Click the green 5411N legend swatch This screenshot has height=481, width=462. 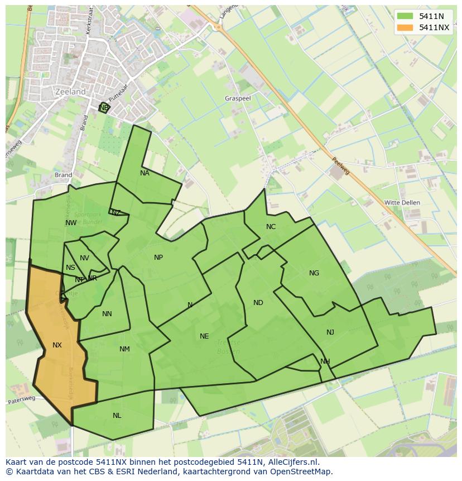tap(405, 16)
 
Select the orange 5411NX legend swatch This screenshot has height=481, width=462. tap(405, 27)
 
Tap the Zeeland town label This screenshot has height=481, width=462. tap(71, 92)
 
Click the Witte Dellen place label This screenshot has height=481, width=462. tap(402, 202)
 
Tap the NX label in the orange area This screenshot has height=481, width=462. tap(57, 345)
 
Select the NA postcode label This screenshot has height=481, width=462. tap(145, 173)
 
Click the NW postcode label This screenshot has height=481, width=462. tap(71, 223)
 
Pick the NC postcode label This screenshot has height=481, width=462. tap(271, 226)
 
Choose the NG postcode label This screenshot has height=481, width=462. tap(314, 273)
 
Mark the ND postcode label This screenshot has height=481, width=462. tap(258, 303)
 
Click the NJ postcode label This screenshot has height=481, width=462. tap(330, 332)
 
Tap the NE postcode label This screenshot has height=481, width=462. tap(204, 336)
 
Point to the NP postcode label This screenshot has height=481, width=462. tap(158, 258)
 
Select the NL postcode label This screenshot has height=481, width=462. tap(117, 416)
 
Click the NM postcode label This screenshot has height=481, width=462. tap(124, 349)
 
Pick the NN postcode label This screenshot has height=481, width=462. tap(107, 314)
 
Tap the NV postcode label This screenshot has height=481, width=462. tap(84, 258)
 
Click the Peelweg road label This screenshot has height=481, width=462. tap(341, 165)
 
